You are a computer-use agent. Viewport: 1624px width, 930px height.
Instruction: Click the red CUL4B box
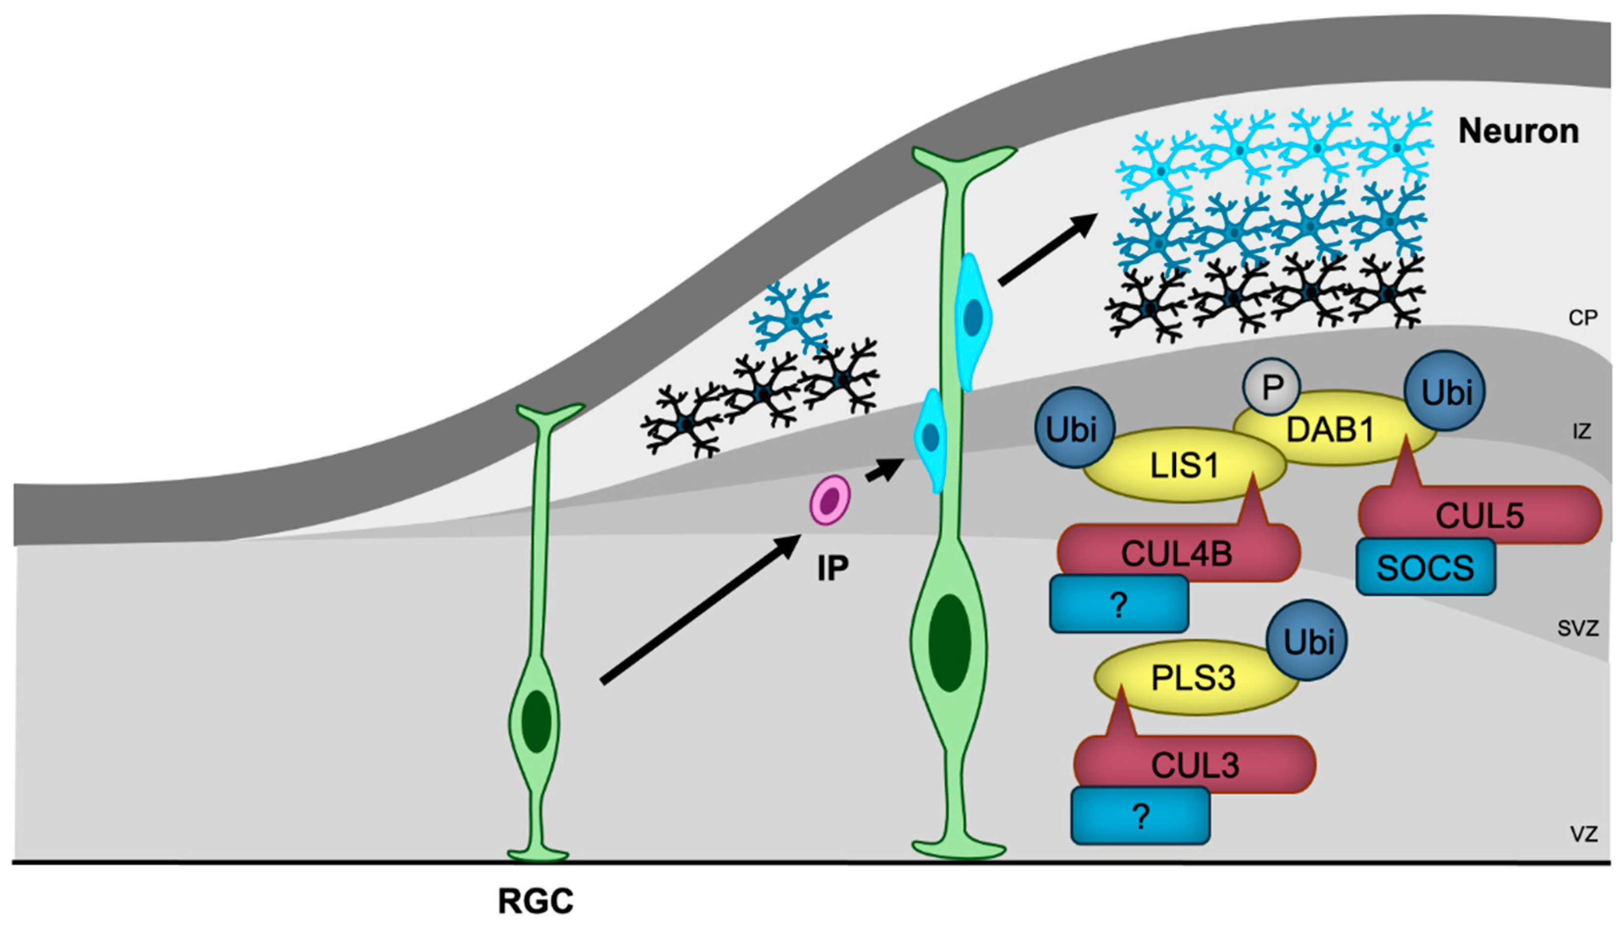(x=1177, y=554)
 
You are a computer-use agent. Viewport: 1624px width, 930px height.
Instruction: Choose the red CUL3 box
(x=1194, y=765)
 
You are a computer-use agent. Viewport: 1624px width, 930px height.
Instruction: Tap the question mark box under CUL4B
(x=1119, y=604)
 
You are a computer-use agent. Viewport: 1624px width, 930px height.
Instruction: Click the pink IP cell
(x=829, y=500)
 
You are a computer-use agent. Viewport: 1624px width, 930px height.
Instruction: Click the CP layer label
(x=1582, y=318)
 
